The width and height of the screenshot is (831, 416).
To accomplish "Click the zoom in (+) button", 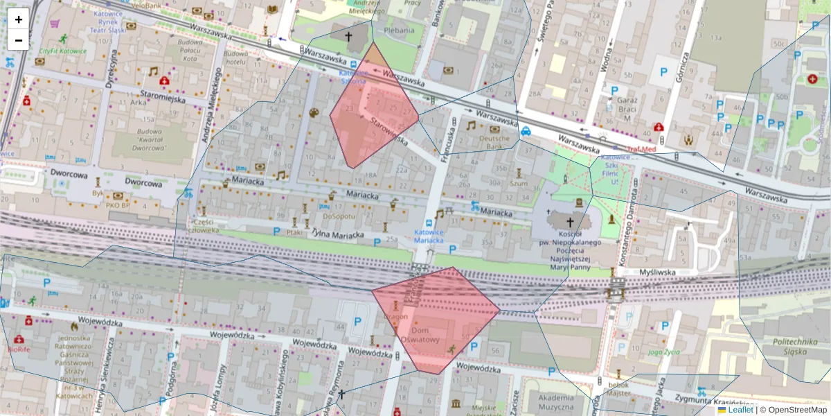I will click(x=19, y=19).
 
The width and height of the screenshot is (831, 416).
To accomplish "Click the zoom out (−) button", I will click(x=19, y=40).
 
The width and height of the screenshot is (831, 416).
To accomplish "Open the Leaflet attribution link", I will click(x=739, y=410).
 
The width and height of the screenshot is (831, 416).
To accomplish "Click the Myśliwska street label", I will click(x=657, y=272).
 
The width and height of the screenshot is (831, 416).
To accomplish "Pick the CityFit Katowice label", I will click(x=62, y=51).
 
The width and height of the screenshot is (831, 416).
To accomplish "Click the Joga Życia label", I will click(x=663, y=352).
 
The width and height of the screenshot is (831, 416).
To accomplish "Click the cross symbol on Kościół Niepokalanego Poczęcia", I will click(x=571, y=222).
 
